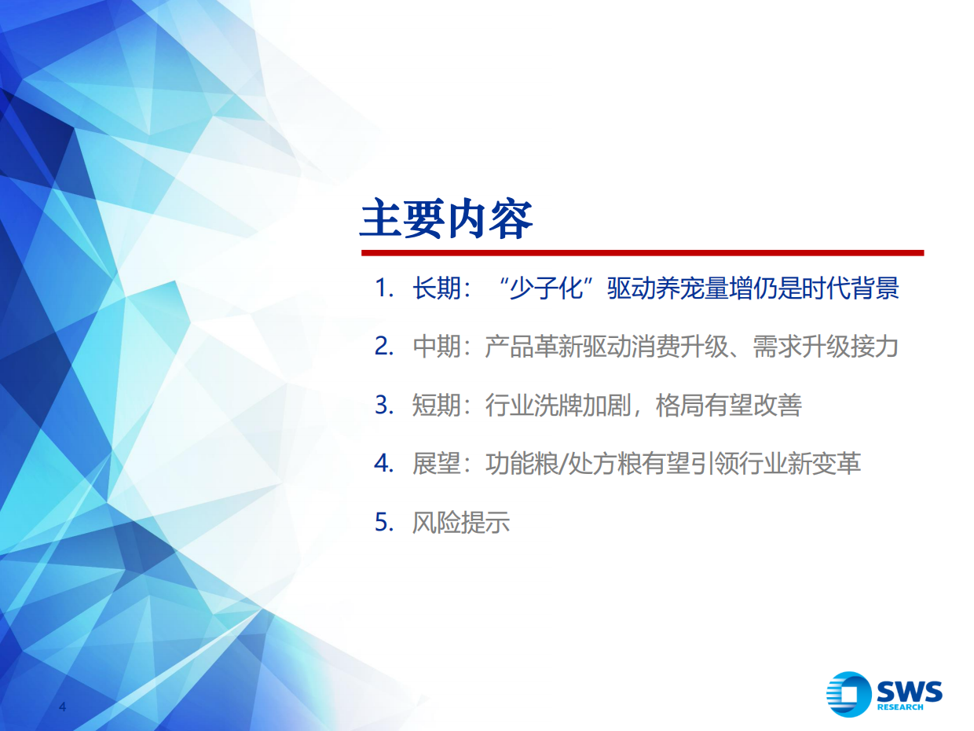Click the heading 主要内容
point(446,219)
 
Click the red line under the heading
point(642,253)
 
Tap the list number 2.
point(383,347)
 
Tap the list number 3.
point(383,405)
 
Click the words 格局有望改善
point(729,405)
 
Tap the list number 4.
point(383,463)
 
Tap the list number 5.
point(383,521)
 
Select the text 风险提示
point(461,521)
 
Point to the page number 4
point(64,707)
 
